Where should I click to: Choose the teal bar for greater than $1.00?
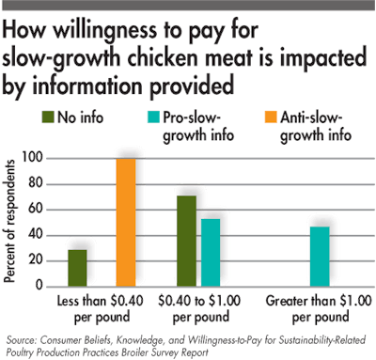tap(320, 255)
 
